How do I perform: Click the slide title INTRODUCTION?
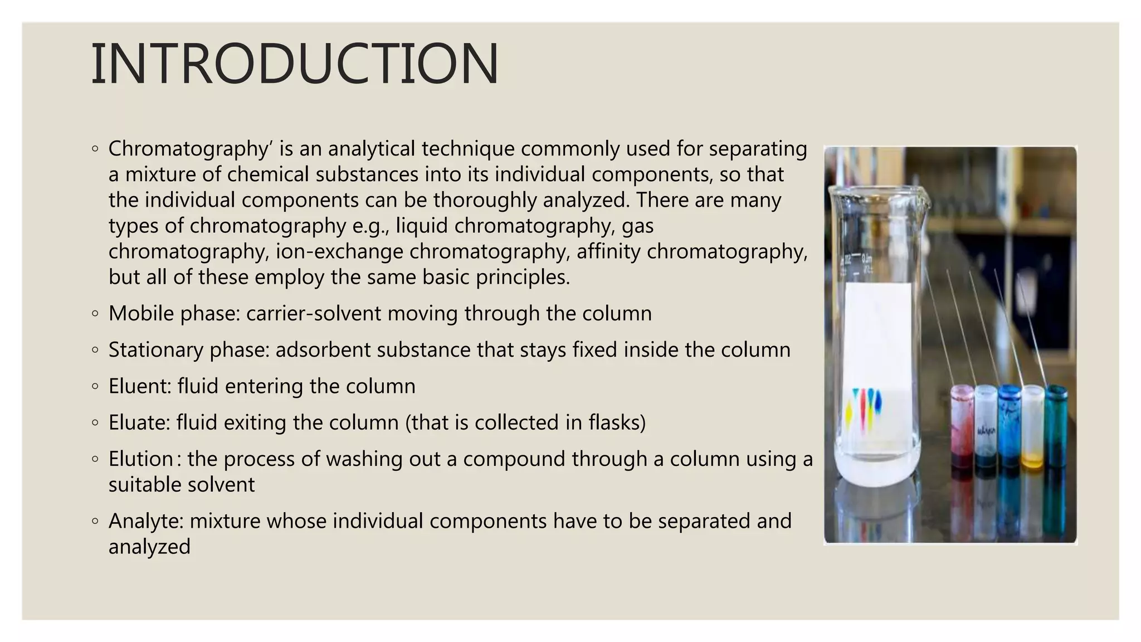294,64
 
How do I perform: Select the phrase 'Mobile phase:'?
174,313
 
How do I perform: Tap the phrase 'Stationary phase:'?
189,350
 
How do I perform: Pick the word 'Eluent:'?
140,386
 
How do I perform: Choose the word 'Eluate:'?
139,422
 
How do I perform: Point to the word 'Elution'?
140,459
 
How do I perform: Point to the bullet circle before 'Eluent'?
95,386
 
